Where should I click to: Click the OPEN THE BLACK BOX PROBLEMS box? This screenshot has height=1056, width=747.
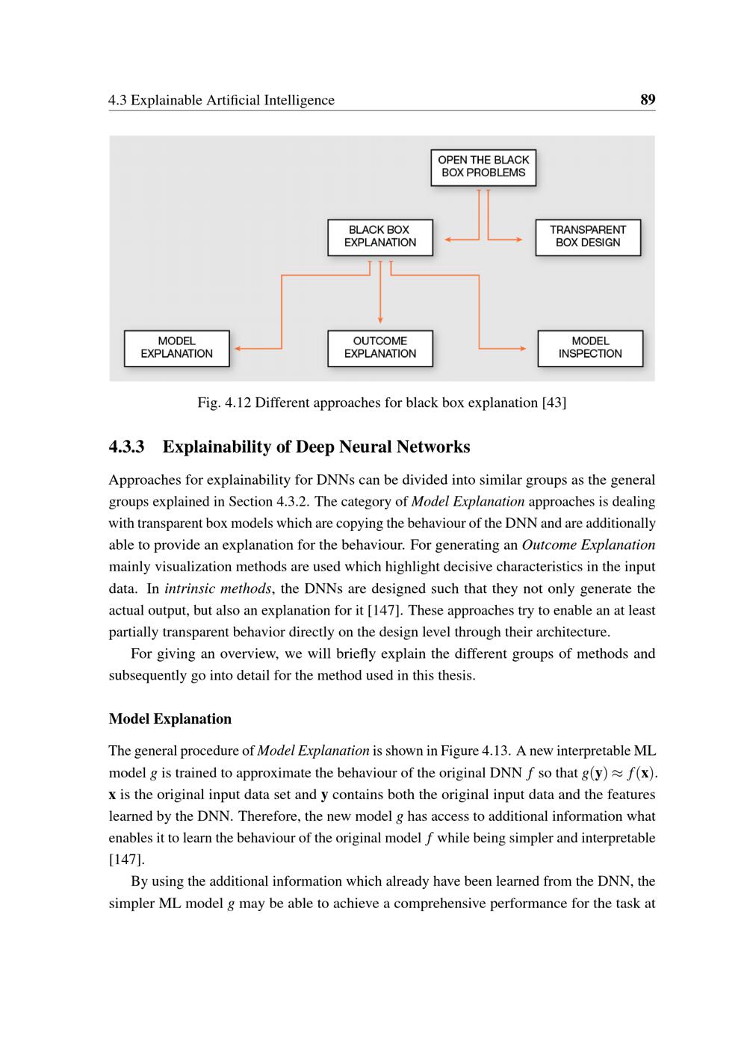[x=483, y=167]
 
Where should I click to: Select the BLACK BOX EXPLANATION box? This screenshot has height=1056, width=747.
[x=380, y=237]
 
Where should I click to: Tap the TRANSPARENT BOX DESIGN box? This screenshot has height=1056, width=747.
[x=588, y=237]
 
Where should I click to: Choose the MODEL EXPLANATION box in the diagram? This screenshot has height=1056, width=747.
[x=176, y=348]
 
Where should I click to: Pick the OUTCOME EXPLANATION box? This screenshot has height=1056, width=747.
[x=380, y=348]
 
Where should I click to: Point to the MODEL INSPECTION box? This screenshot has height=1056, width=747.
[x=590, y=348]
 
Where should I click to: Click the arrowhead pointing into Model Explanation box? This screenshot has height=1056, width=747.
[x=238, y=348]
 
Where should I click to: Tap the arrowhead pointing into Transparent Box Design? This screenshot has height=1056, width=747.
[x=518, y=240]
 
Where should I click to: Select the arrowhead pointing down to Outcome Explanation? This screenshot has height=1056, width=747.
[x=381, y=320]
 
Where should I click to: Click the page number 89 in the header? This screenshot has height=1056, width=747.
[x=648, y=99]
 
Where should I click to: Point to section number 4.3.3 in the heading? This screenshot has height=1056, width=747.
[x=127, y=447]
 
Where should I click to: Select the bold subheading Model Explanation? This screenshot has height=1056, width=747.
[x=170, y=719]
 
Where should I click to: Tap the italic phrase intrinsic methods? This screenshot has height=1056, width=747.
[x=217, y=588]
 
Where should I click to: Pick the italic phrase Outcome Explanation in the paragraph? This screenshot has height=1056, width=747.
[x=588, y=545]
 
